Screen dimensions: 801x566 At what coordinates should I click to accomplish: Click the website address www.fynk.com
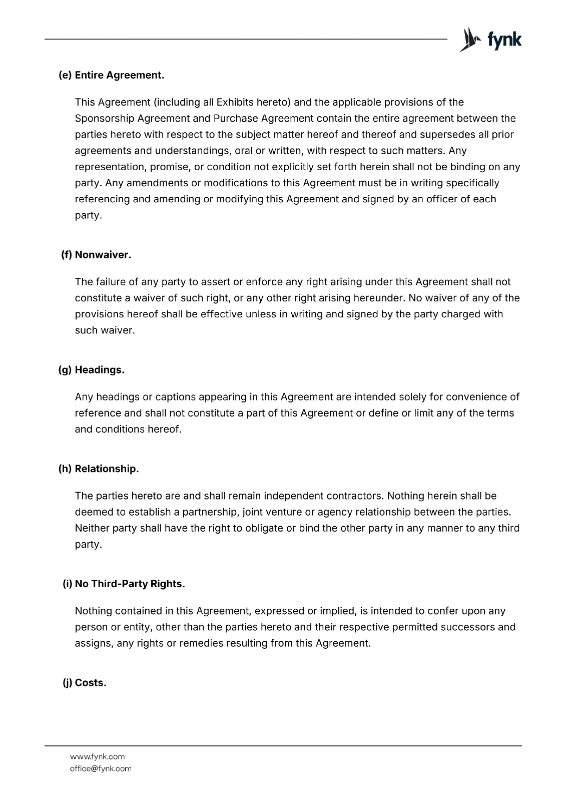point(98,756)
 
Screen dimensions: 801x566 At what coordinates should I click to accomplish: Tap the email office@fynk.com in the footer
point(101,768)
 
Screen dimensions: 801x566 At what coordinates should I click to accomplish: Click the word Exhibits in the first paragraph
point(235,102)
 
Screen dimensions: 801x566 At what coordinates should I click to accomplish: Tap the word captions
point(176,397)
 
